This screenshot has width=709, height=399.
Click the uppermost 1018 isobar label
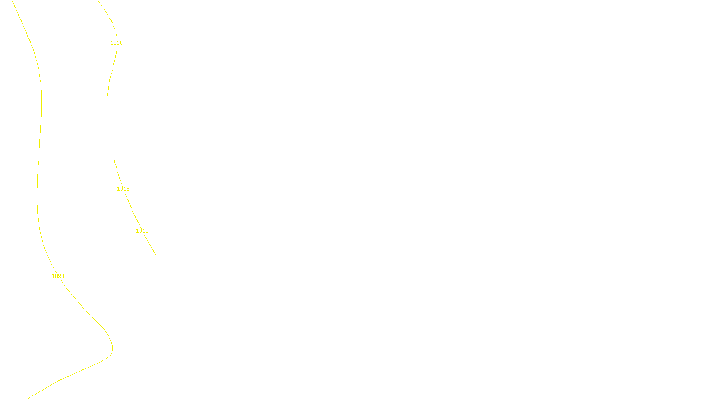117,43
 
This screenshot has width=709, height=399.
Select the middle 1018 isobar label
123,189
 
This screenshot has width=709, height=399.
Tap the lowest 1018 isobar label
142,231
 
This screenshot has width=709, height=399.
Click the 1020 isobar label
58,276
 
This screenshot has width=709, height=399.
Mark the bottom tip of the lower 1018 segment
156,255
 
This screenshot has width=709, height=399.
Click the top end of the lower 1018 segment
114,160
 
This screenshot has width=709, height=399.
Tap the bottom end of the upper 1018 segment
107,116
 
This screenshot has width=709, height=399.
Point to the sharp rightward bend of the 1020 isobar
112,348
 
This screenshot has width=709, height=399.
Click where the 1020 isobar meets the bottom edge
28,398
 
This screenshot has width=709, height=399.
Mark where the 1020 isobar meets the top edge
12,0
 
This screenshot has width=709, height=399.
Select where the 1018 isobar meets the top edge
98,0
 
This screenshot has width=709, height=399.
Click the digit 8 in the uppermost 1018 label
121,43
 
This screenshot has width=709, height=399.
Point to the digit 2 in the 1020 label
59,276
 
